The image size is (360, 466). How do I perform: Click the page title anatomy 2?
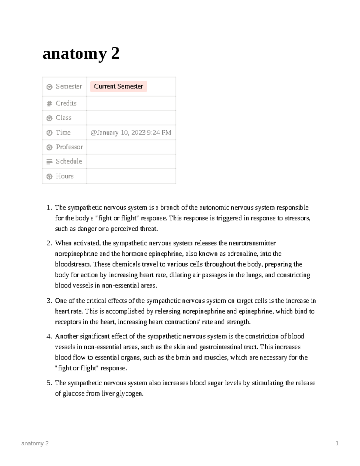pos(81,54)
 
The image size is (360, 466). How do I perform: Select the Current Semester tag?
pos(118,86)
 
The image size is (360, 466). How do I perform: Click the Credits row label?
pos(66,103)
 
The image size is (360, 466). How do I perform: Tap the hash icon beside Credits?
pos(49,104)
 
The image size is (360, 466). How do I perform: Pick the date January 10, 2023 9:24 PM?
pos(131,133)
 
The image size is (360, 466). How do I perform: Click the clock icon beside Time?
pos(49,133)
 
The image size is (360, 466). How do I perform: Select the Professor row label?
pos(69,147)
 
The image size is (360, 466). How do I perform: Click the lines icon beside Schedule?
pos(49,162)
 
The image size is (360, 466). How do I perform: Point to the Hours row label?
pos(64,176)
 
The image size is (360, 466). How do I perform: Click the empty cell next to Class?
pos(131,118)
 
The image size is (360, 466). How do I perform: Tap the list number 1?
pos(49,208)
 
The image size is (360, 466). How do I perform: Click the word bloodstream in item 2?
pos(73,264)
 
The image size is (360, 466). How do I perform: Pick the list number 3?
pos(49,301)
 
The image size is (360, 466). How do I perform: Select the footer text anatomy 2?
pos(35,443)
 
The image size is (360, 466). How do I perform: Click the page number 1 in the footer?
pos(337,443)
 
